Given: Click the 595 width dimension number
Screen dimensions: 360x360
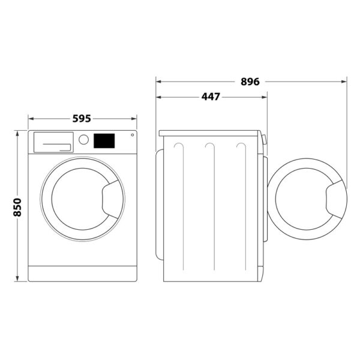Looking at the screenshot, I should (x=82, y=118).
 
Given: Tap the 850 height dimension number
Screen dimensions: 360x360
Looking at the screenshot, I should (x=17, y=206).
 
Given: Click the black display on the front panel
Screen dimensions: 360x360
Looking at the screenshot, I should (x=104, y=140).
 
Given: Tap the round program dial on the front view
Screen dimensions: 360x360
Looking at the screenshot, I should (x=83, y=140).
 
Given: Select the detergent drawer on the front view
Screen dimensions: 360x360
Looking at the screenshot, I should (x=53, y=142).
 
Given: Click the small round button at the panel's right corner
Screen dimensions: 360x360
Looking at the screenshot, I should (x=131, y=135).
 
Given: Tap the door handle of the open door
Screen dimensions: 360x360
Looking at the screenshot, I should (x=335, y=200).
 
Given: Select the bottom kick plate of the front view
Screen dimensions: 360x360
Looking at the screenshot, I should (x=82, y=274).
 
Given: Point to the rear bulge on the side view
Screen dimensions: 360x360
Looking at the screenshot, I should (x=159, y=204).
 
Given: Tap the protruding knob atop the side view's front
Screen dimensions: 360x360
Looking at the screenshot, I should (x=264, y=140).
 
